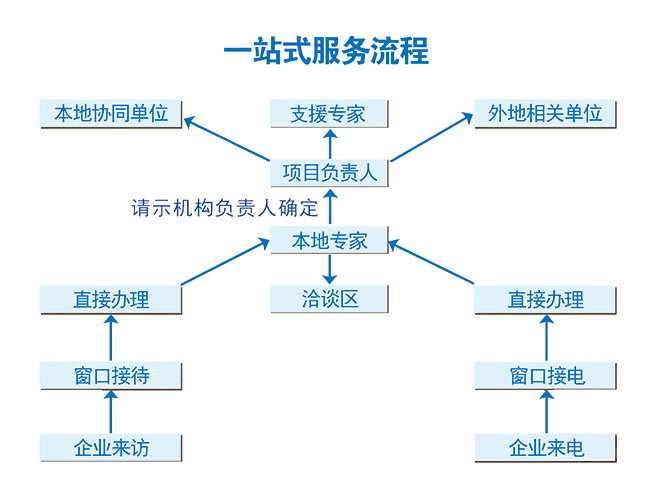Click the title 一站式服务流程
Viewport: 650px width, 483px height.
pyautogui.click(x=326, y=51)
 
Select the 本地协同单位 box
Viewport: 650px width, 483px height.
pyautogui.click(x=111, y=114)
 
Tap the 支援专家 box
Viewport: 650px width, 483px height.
pyautogui.click(x=329, y=114)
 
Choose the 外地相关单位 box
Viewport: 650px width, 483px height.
pyautogui.click(x=545, y=114)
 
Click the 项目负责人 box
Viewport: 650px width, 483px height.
pyautogui.click(x=329, y=173)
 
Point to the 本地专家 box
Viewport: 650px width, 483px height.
pyautogui.click(x=329, y=240)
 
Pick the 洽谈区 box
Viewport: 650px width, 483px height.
pyautogui.click(x=329, y=299)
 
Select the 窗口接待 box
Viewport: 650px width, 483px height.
pyautogui.click(x=111, y=376)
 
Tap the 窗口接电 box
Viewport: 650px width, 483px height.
pyautogui.click(x=545, y=376)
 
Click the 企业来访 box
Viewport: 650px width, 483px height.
pyautogui.click(x=111, y=448)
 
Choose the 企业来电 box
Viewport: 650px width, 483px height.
pyautogui.click(x=545, y=448)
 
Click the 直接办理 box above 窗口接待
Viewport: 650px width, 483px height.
pyautogui.click(x=111, y=300)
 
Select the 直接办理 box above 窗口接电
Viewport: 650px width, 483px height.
pyautogui.click(x=545, y=300)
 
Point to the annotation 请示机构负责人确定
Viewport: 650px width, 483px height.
pyautogui.click(x=225, y=208)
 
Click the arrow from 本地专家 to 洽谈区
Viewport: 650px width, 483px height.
pyautogui.click(x=330, y=269)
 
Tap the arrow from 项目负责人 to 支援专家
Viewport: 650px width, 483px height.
pyautogui.click(x=330, y=144)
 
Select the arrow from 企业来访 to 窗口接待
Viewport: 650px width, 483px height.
pyautogui.click(x=111, y=412)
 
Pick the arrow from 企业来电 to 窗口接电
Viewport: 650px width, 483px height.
pyautogui.click(x=546, y=412)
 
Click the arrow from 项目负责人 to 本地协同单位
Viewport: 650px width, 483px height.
pyautogui.click(x=227, y=139)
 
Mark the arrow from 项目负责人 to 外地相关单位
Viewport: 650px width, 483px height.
pyautogui.click(x=432, y=137)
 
